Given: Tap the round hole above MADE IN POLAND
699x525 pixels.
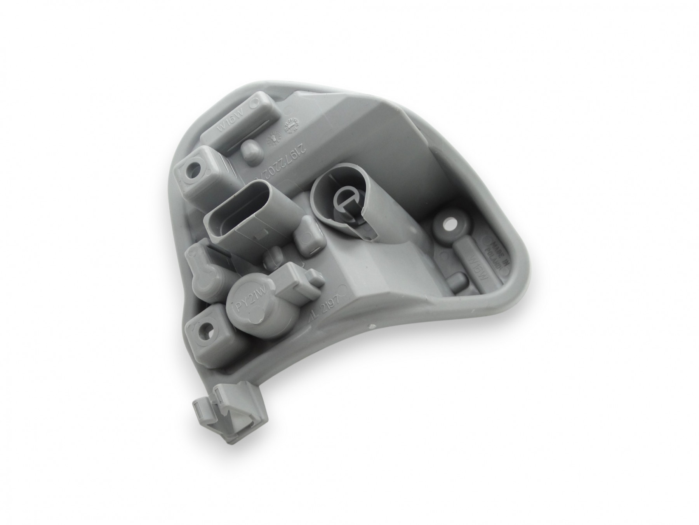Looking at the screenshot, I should coord(451,224).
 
